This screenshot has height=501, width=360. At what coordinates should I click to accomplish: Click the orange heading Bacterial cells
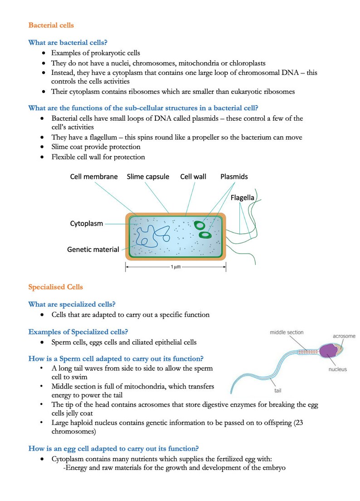click(51, 25)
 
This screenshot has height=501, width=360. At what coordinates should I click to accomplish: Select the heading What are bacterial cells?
click(68, 43)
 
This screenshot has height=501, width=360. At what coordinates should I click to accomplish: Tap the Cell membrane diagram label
click(94, 177)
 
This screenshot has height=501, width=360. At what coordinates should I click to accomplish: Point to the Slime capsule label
click(148, 177)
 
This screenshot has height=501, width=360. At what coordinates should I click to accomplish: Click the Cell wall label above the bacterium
click(194, 177)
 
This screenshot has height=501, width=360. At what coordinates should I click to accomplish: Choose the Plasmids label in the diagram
click(234, 177)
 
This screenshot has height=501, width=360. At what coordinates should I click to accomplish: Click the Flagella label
click(243, 198)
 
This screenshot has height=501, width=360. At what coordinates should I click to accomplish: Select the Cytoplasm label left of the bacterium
click(86, 223)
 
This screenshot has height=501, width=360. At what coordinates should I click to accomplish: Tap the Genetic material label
click(93, 249)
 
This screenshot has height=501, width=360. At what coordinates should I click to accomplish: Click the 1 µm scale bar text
click(175, 267)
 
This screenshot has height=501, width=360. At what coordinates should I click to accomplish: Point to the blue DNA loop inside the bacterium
click(150, 236)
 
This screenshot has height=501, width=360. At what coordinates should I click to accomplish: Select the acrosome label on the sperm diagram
click(344, 336)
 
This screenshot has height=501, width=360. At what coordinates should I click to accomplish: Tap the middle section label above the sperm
click(287, 332)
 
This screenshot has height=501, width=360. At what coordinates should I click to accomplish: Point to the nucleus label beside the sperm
click(337, 369)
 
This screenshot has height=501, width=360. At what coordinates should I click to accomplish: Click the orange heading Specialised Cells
click(55, 287)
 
